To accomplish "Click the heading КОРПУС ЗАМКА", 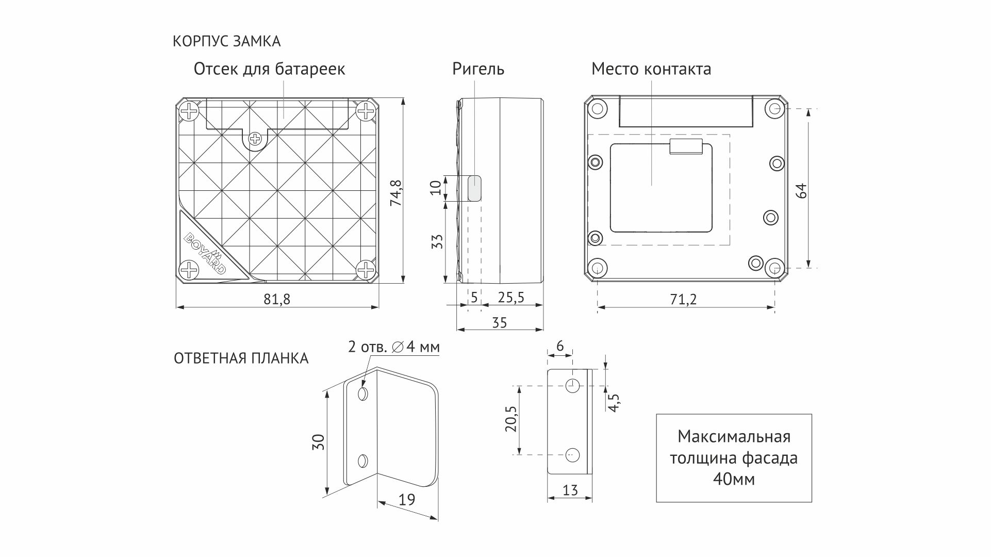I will point(226,41).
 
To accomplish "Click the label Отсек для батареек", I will point(269,69).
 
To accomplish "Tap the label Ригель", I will point(478,69).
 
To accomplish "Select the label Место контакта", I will point(651,69).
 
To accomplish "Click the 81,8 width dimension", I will point(277,299).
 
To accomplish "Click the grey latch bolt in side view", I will point(474,188).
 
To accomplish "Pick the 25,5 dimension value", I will point(510,298).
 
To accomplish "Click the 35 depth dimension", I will point(499,323).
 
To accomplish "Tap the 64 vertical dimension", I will point(801,190).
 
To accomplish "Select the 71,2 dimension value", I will point(684,299).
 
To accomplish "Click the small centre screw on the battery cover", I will point(255,138).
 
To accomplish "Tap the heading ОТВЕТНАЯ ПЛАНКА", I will point(241,358).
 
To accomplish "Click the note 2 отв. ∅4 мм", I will point(394,347).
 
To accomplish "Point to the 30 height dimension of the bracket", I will point(319,442).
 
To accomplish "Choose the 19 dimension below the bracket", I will point(407,499).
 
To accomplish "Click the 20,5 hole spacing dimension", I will point(510,418).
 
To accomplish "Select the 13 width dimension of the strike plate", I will point(570,490).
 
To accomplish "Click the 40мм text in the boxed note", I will point(734,480).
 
